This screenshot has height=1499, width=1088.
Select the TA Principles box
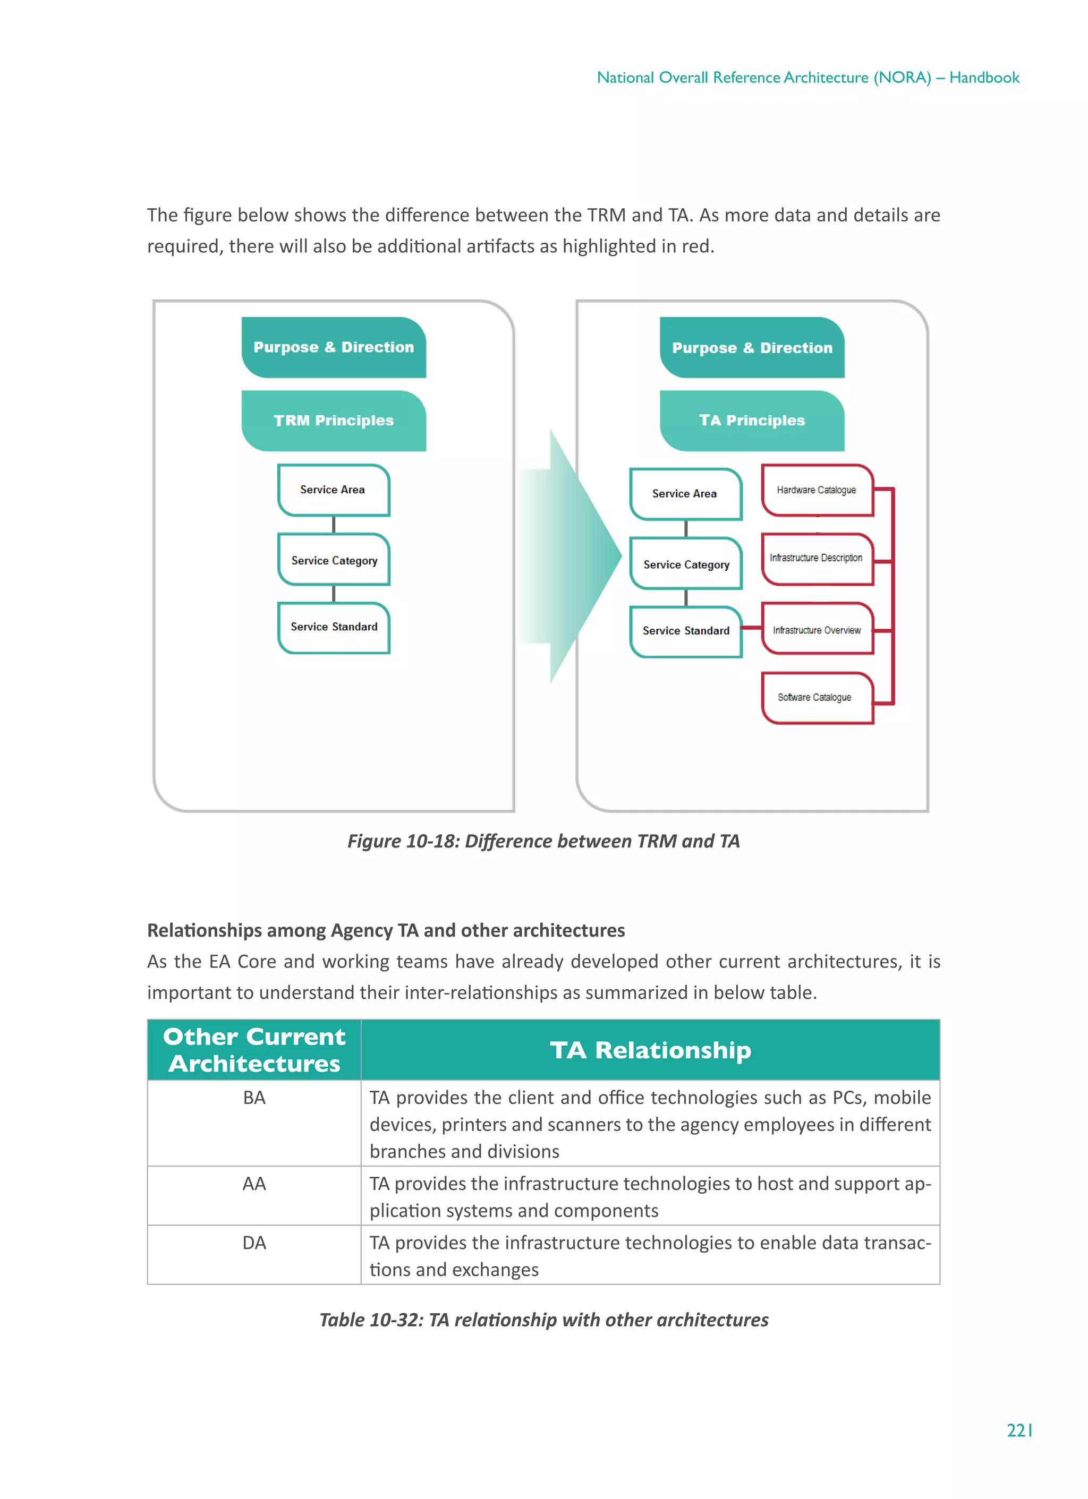point(752,421)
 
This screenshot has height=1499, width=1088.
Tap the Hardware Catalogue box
point(817,490)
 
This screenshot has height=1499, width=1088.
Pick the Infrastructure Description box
point(817,559)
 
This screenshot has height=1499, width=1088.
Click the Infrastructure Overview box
point(817,629)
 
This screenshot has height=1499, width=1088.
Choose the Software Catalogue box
point(817,697)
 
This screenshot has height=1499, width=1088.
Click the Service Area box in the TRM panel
point(333,490)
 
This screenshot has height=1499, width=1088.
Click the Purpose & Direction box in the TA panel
point(752,348)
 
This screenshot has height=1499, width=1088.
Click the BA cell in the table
point(254,1098)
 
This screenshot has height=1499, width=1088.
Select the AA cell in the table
point(254,1184)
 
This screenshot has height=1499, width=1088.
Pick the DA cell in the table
point(254,1243)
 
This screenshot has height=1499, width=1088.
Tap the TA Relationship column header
point(650,1050)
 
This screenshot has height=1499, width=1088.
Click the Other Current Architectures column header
point(254,1050)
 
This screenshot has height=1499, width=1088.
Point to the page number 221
point(1019,1431)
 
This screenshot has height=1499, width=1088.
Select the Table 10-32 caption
point(543,1320)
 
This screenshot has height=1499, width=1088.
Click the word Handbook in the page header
point(984,78)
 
